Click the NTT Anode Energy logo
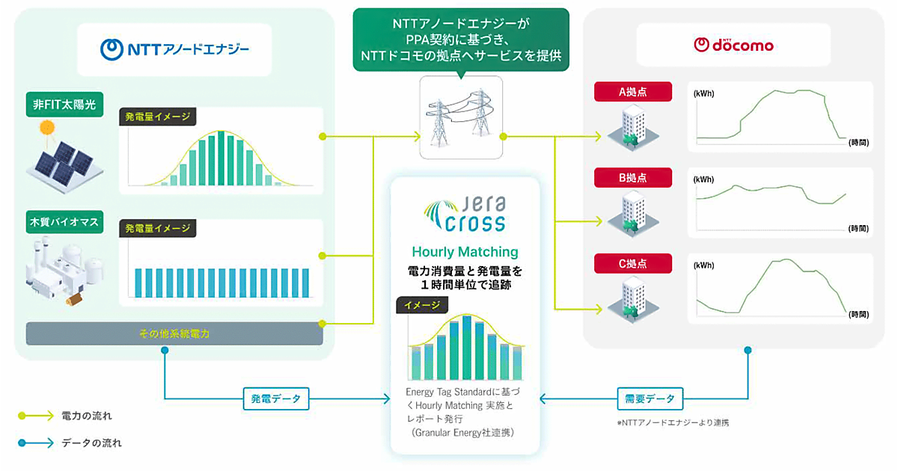tap(174, 50)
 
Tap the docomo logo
tap(733, 45)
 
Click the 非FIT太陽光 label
tap(65, 105)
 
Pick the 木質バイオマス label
tap(65, 223)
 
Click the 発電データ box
tap(275, 399)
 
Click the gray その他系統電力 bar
tap(174, 333)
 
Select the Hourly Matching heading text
tap(464, 252)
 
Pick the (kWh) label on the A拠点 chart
tap(704, 94)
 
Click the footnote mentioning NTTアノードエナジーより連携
tap(672, 423)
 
